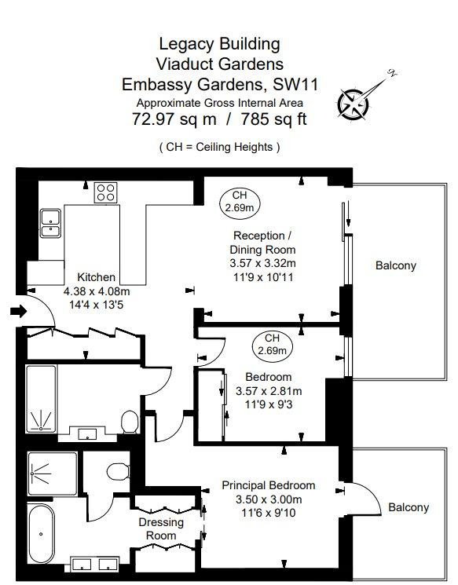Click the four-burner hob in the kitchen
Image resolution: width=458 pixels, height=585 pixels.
click(105, 192)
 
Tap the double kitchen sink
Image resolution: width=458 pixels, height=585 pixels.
click(51, 223)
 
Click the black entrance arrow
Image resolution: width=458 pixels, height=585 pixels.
click(19, 310)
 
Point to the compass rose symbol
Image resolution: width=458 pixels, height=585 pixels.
click(353, 104)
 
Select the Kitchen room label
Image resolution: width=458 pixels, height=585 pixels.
click(97, 277)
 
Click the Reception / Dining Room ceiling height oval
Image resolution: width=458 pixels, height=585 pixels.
click(240, 202)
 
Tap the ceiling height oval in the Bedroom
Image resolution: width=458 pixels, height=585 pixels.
click(272, 345)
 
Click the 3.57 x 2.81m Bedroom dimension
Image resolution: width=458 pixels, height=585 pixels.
click(269, 391)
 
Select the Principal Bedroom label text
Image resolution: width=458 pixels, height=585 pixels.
click(269, 485)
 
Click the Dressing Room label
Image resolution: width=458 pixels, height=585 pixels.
click(161, 529)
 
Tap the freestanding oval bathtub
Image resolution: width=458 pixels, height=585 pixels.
click(41, 534)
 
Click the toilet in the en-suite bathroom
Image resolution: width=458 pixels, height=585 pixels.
click(118, 472)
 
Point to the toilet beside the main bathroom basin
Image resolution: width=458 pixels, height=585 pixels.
click(130, 422)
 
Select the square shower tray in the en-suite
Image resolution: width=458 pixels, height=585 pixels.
click(53, 474)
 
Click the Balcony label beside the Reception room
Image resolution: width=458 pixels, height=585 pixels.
click(396, 265)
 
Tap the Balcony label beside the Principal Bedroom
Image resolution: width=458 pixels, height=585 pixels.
click(409, 507)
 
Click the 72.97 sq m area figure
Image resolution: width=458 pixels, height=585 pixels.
click(174, 119)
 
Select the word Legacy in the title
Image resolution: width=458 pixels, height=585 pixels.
click(186, 45)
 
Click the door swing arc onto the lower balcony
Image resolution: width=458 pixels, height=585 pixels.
click(369, 492)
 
